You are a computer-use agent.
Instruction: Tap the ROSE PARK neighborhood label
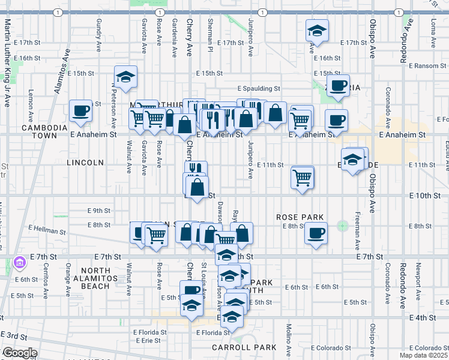[x=300, y=217]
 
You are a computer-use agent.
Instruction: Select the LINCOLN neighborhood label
[x=86, y=163]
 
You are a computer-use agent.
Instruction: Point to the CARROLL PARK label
[x=244, y=347]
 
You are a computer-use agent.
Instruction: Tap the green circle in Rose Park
[x=343, y=226]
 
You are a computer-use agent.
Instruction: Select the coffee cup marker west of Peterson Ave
[x=80, y=110]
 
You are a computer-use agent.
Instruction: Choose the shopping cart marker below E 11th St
[x=303, y=176]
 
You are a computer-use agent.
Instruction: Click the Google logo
[x=19, y=353]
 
